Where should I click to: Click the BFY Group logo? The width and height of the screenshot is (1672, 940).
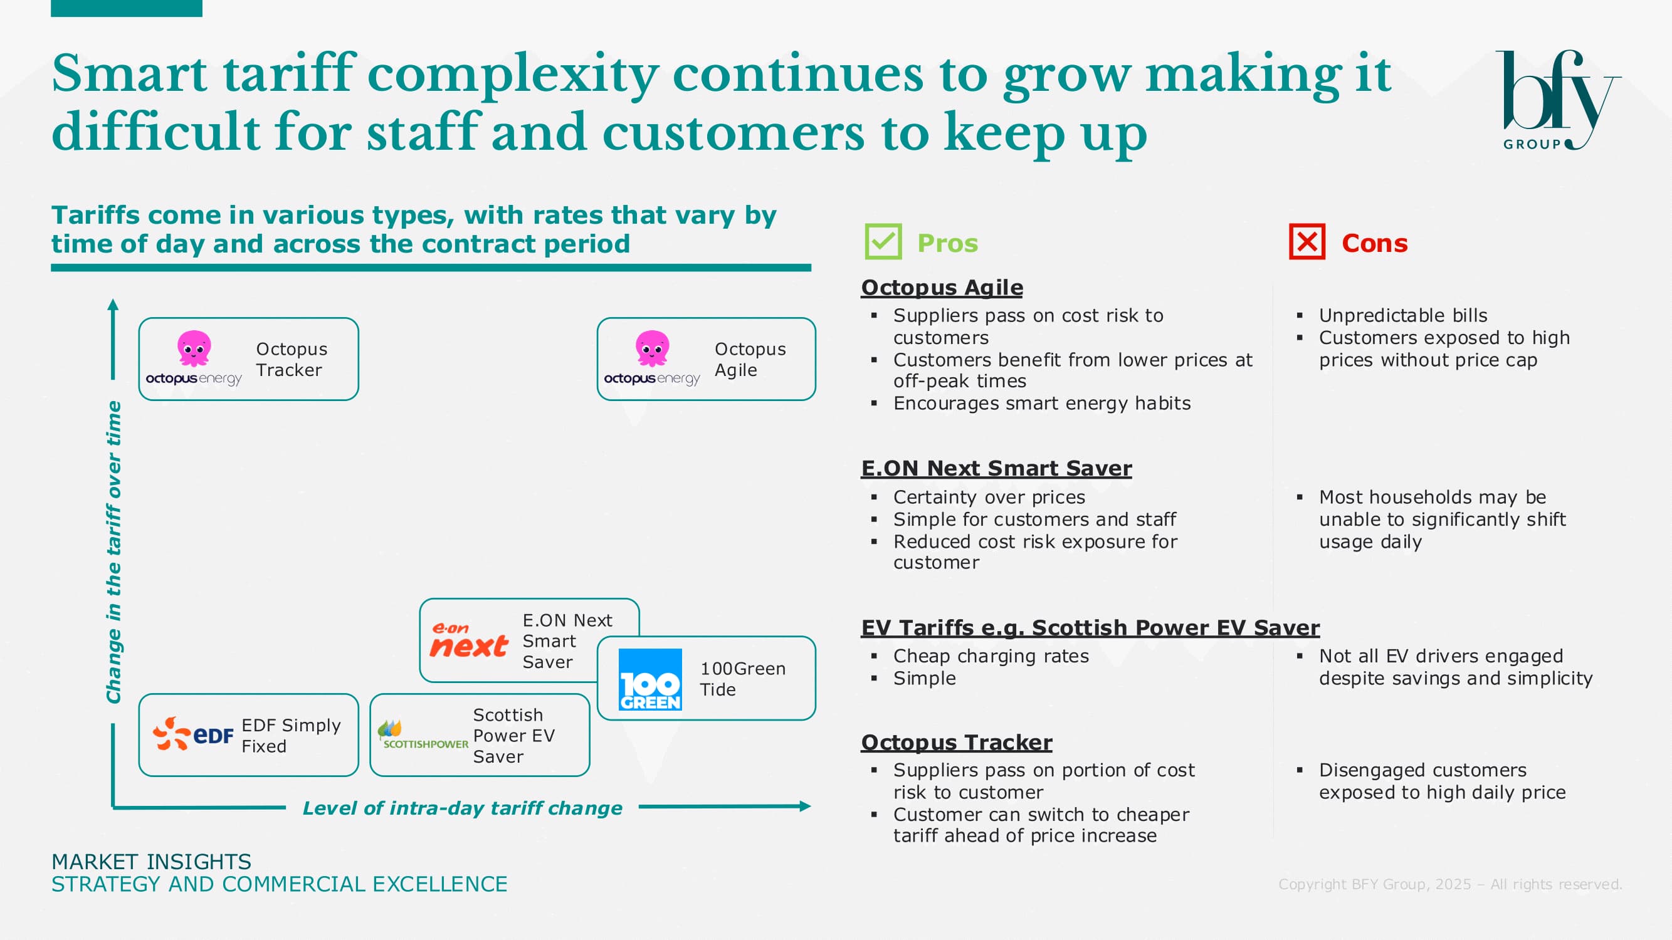tap(1558, 100)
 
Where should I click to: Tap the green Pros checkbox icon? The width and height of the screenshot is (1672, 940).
tap(883, 242)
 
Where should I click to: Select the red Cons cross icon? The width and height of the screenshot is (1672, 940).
tap(1307, 242)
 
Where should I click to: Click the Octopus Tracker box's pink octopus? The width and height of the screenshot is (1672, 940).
tap(194, 348)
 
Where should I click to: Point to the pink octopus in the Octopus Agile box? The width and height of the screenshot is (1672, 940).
tap(653, 348)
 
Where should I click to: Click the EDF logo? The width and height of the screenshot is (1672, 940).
tap(192, 734)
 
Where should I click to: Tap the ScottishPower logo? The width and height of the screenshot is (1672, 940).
tap(423, 735)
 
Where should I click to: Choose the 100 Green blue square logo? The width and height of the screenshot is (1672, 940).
tap(650, 679)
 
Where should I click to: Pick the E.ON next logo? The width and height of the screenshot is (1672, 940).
tap(469, 640)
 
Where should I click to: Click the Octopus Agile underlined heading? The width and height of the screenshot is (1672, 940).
tap(942, 288)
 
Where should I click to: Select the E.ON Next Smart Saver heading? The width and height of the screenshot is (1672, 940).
tap(996, 468)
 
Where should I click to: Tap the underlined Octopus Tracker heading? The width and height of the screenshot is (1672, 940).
tap(957, 742)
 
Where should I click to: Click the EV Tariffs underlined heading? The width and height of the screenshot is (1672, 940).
tap(1090, 628)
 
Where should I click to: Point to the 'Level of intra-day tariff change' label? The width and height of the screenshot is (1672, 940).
tap(462, 808)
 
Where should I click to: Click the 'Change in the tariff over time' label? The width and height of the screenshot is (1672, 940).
tap(114, 552)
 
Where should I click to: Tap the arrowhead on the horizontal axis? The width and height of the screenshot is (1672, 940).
tap(806, 807)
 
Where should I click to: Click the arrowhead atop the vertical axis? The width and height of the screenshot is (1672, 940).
tap(113, 305)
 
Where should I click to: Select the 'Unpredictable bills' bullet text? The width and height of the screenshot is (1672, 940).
tap(1403, 315)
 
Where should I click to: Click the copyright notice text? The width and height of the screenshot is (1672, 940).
tap(1450, 884)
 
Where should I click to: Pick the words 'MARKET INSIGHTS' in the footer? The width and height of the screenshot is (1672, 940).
tap(151, 862)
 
